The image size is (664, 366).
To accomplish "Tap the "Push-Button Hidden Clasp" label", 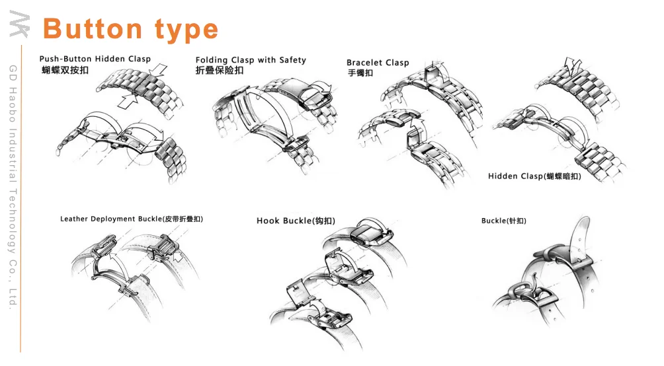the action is [x=95, y=59].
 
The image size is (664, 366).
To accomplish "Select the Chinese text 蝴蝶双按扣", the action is [x=65, y=69].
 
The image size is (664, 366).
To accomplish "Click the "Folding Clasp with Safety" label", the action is [x=251, y=60].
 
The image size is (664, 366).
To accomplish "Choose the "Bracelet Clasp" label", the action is [x=378, y=63].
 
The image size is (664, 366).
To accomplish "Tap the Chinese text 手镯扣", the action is [x=360, y=73].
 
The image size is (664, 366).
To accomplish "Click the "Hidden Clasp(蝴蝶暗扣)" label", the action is [x=534, y=176].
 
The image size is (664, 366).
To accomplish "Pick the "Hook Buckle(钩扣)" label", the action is [x=296, y=221].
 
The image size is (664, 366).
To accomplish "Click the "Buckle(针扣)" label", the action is [x=504, y=221].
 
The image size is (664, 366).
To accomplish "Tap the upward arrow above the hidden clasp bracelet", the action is [x=571, y=64].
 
